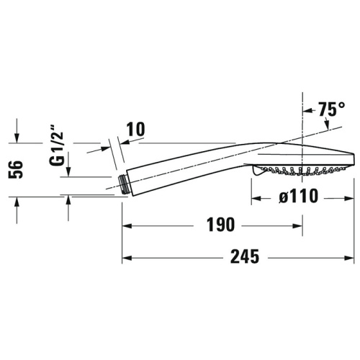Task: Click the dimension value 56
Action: point(22,170)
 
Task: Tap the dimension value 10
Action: point(135,130)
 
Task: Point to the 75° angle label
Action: point(330,110)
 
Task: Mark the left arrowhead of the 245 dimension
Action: point(126,257)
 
